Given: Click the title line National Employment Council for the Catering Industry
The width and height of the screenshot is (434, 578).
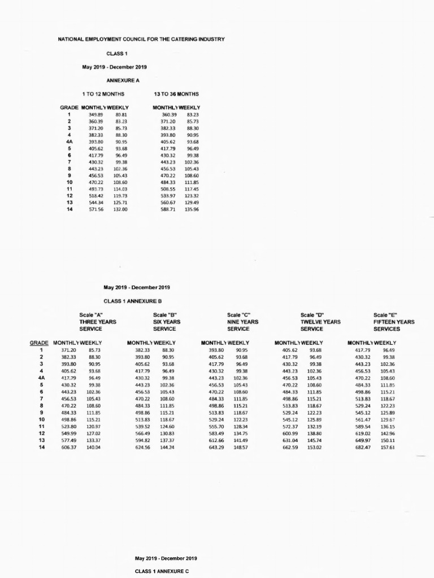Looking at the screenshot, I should [x=141, y=39].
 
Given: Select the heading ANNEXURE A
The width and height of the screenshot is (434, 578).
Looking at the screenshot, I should [x=123, y=80].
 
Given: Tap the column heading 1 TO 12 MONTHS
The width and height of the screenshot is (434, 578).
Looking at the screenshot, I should [x=103, y=94].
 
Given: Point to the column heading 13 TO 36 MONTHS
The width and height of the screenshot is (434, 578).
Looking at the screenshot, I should [x=176, y=94].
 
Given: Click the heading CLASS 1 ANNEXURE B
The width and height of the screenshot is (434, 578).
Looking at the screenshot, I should [x=133, y=301].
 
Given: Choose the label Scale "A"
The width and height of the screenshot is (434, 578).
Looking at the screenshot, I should [x=91, y=315].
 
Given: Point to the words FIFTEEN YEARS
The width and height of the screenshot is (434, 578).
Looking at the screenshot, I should [x=394, y=322].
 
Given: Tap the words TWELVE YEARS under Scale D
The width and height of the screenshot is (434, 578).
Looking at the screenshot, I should [x=320, y=322].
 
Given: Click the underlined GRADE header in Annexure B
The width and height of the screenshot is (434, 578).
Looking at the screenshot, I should [x=39, y=343].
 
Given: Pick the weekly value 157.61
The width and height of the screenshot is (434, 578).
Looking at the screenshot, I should [x=388, y=447].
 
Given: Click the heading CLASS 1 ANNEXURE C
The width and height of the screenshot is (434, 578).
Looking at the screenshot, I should [x=162, y=571].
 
